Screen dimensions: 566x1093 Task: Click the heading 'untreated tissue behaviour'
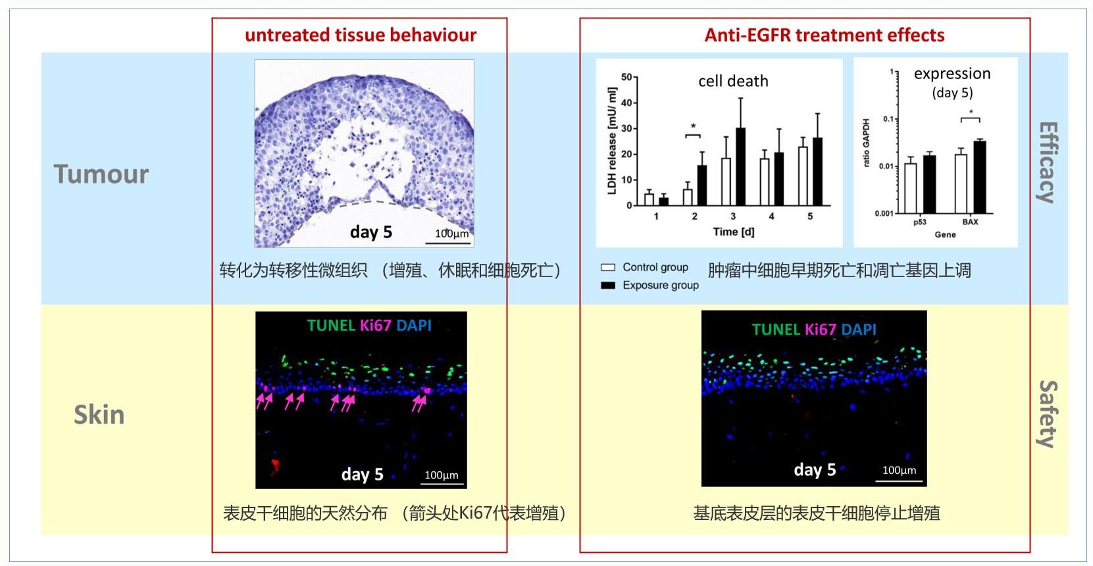(360, 35)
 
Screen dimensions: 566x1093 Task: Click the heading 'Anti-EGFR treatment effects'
(824, 35)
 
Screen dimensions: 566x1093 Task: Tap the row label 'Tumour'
(101, 174)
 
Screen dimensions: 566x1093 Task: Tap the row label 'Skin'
(99, 415)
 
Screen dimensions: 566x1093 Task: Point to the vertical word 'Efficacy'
(1047, 162)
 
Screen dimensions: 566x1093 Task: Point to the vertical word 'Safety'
(1047, 414)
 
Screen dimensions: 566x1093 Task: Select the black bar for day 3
(740, 167)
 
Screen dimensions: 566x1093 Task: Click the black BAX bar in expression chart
(979, 177)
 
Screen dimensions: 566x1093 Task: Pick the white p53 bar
(911, 188)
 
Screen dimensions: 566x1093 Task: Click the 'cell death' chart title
(733, 81)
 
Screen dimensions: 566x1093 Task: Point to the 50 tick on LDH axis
(626, 77)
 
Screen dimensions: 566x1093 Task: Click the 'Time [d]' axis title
(733, 232)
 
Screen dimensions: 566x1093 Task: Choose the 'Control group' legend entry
(655, 267)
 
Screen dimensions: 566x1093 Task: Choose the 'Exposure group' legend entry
(660, 285)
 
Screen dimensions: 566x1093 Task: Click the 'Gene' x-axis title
(945, 234)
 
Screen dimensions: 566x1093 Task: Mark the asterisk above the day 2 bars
(693, 126)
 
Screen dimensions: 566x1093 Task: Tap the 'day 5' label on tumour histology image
(370, 232)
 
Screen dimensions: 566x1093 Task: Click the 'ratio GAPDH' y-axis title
(866, 142)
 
